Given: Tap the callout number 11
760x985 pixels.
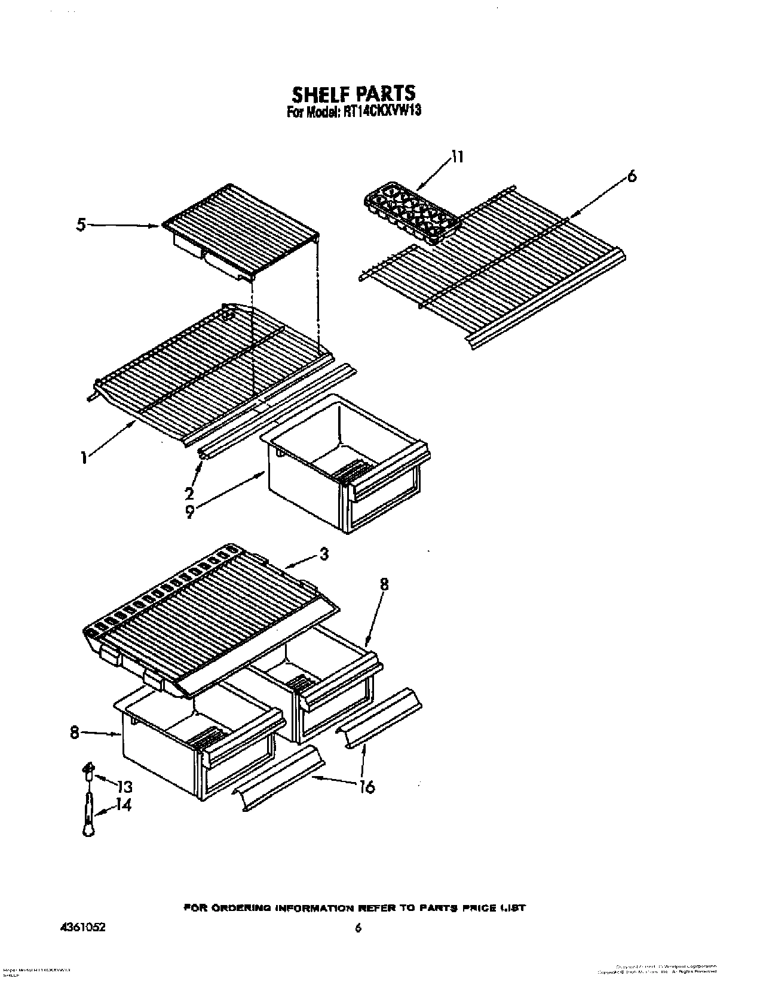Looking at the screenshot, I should click(456, 157).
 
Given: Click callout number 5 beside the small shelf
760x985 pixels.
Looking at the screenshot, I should click(81, 225).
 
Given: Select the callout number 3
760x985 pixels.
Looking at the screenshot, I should click(323, 554).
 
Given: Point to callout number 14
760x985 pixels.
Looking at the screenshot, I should click(124, 805).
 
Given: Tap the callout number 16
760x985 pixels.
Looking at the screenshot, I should click(367, 787).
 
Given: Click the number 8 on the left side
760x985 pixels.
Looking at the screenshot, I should click(74, 732).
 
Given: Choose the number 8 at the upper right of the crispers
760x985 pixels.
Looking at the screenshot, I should click(384, 584).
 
